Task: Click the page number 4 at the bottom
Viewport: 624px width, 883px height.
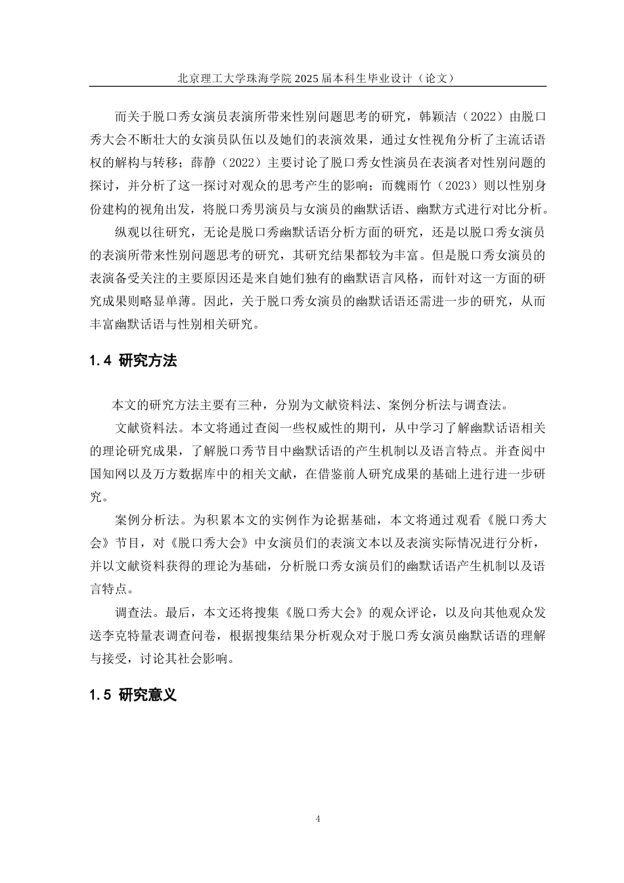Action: [x=319, y=819]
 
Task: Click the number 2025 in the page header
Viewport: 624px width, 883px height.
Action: [x=306, y=78]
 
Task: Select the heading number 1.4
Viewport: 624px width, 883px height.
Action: [x=101, y=361]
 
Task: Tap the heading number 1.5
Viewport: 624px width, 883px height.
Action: [x=101, y=695]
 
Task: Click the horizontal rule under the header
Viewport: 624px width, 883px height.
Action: [x=318, y=87]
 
